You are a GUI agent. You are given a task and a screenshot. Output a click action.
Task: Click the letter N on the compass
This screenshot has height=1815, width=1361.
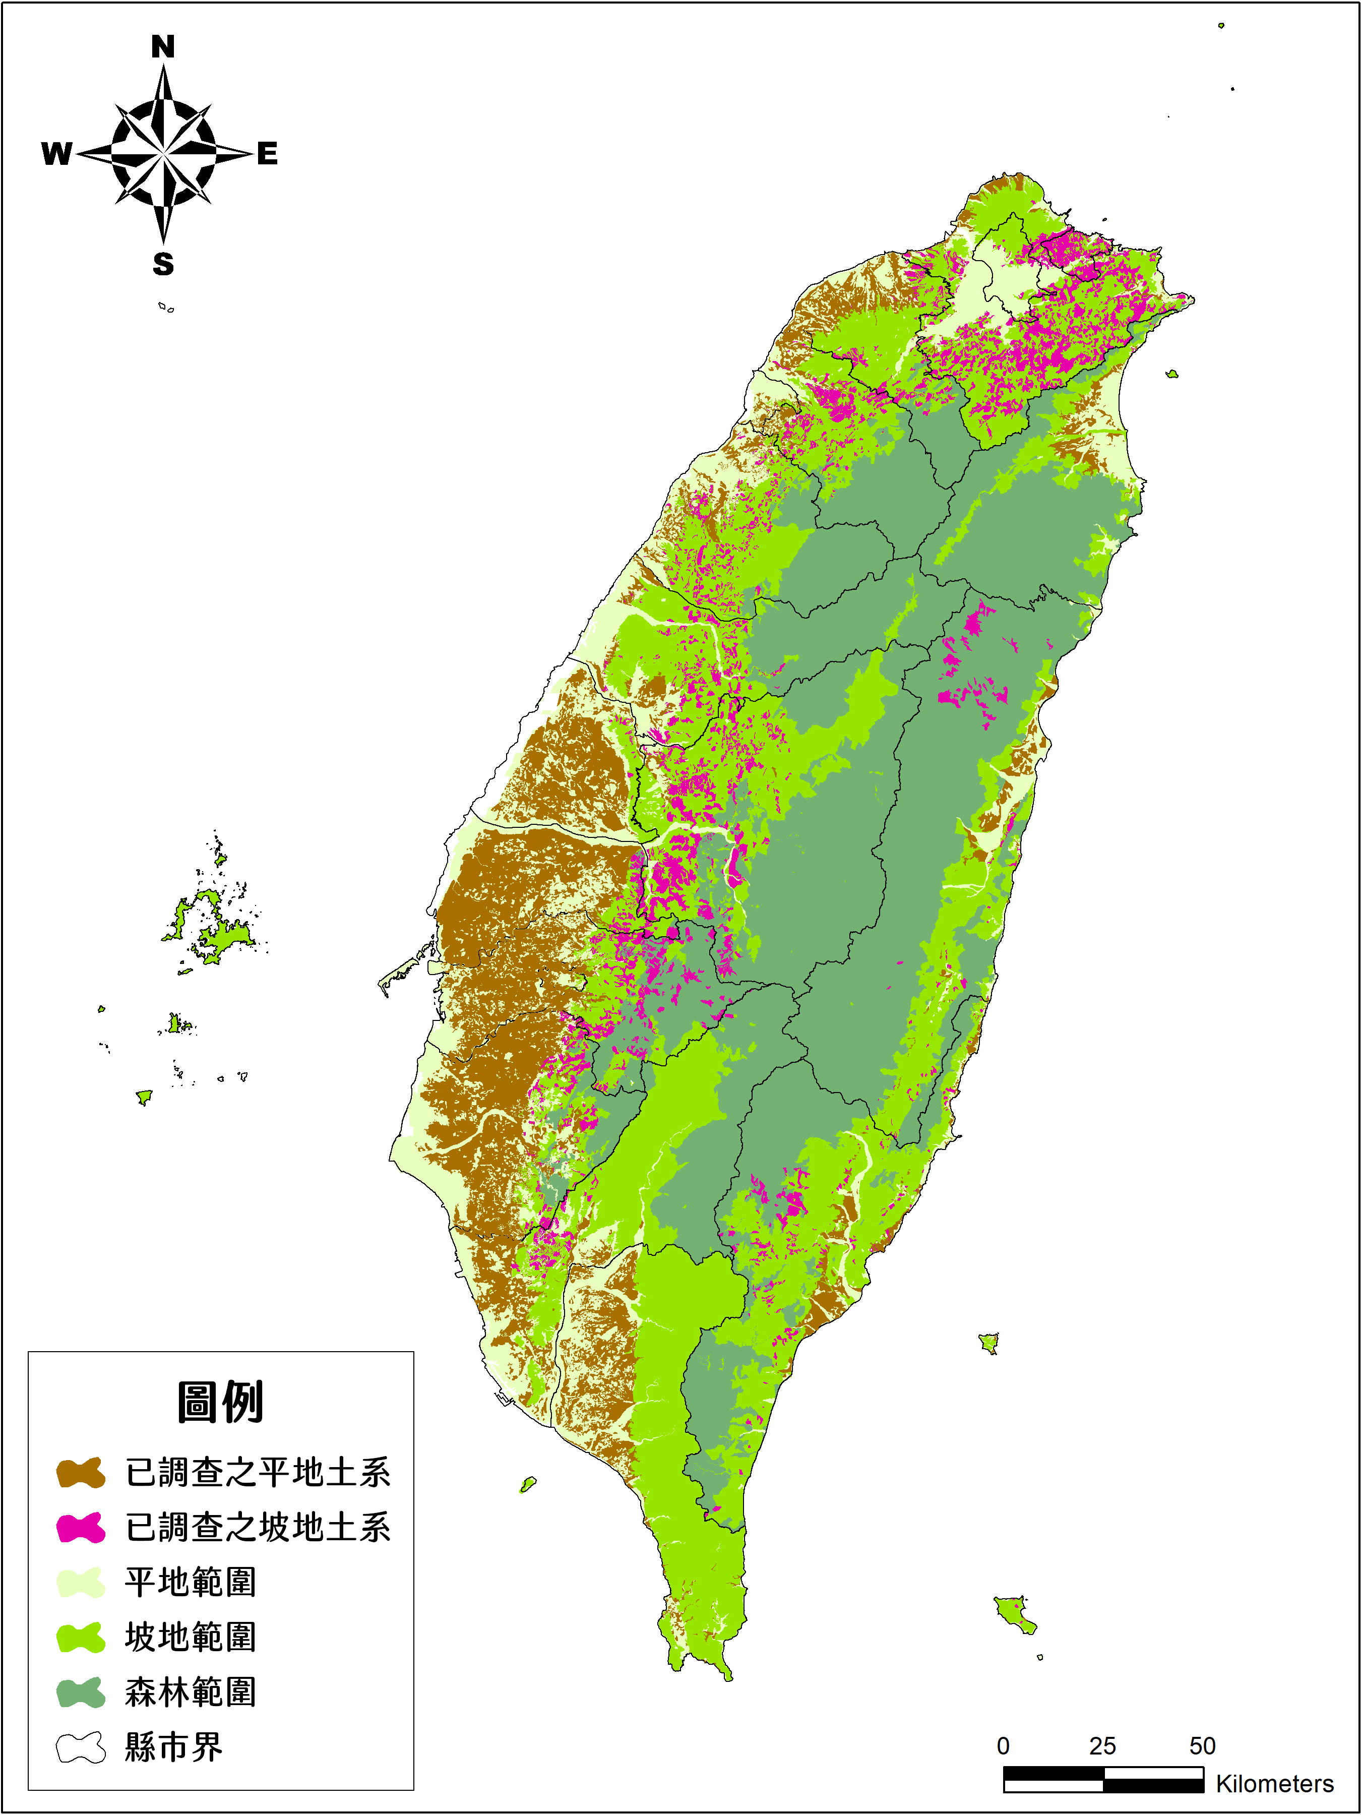click(163, 47)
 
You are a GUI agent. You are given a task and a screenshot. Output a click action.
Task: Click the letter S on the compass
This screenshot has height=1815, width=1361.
click(163, 264)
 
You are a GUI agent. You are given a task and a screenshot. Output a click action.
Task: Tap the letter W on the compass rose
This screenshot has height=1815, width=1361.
click(56, 153)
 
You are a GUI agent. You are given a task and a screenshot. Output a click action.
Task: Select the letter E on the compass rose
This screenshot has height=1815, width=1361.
click(268, 153)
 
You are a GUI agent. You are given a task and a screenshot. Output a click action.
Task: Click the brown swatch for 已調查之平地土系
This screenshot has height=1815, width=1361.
click(80, 1473)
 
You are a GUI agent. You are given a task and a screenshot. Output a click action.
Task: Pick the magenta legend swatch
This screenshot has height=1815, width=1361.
click(80, 1528)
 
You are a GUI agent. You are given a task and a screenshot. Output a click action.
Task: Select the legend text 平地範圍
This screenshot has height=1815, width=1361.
click(191, 1582)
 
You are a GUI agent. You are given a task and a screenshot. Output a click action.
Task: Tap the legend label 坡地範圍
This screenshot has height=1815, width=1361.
click(191, 1637)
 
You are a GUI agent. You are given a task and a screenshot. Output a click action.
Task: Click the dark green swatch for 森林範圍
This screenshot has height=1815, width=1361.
click(80, 1692)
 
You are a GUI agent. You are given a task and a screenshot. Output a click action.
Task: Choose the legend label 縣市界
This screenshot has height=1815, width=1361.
click(174, 1747)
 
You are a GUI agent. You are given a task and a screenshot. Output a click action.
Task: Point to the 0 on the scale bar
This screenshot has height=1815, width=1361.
click(1003, 1746)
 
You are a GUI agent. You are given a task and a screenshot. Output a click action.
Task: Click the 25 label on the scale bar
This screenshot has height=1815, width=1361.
click(1102, 1746)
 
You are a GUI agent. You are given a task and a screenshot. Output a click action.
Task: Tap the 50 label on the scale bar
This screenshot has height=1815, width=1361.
click(1203, 1746)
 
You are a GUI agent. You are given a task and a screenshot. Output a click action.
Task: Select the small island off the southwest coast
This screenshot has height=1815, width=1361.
click(528, 1483)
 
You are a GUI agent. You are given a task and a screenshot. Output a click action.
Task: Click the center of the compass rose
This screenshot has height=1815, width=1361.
click(163, 153)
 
